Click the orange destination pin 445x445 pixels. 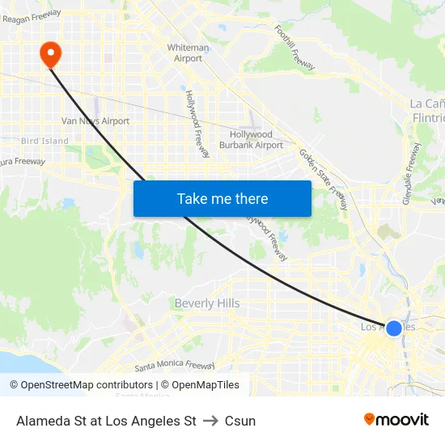click(x=50, y=54)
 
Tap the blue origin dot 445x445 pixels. click(x=394, y=328)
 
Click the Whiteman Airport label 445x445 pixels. click(x=188, y=53)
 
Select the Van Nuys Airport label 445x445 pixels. click(x=95, y=121)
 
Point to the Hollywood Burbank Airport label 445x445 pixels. click(x=252, y=140)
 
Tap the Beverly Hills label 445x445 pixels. click(x=206, y=303)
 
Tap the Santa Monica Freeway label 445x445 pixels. click(x=175, y=366)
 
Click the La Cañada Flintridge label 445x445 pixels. click(x=427, y=111)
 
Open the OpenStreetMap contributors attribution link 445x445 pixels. click(x=81, y=385)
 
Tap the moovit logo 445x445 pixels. click(x=396, y=420)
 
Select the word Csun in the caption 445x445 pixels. click(x=240, y=421)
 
